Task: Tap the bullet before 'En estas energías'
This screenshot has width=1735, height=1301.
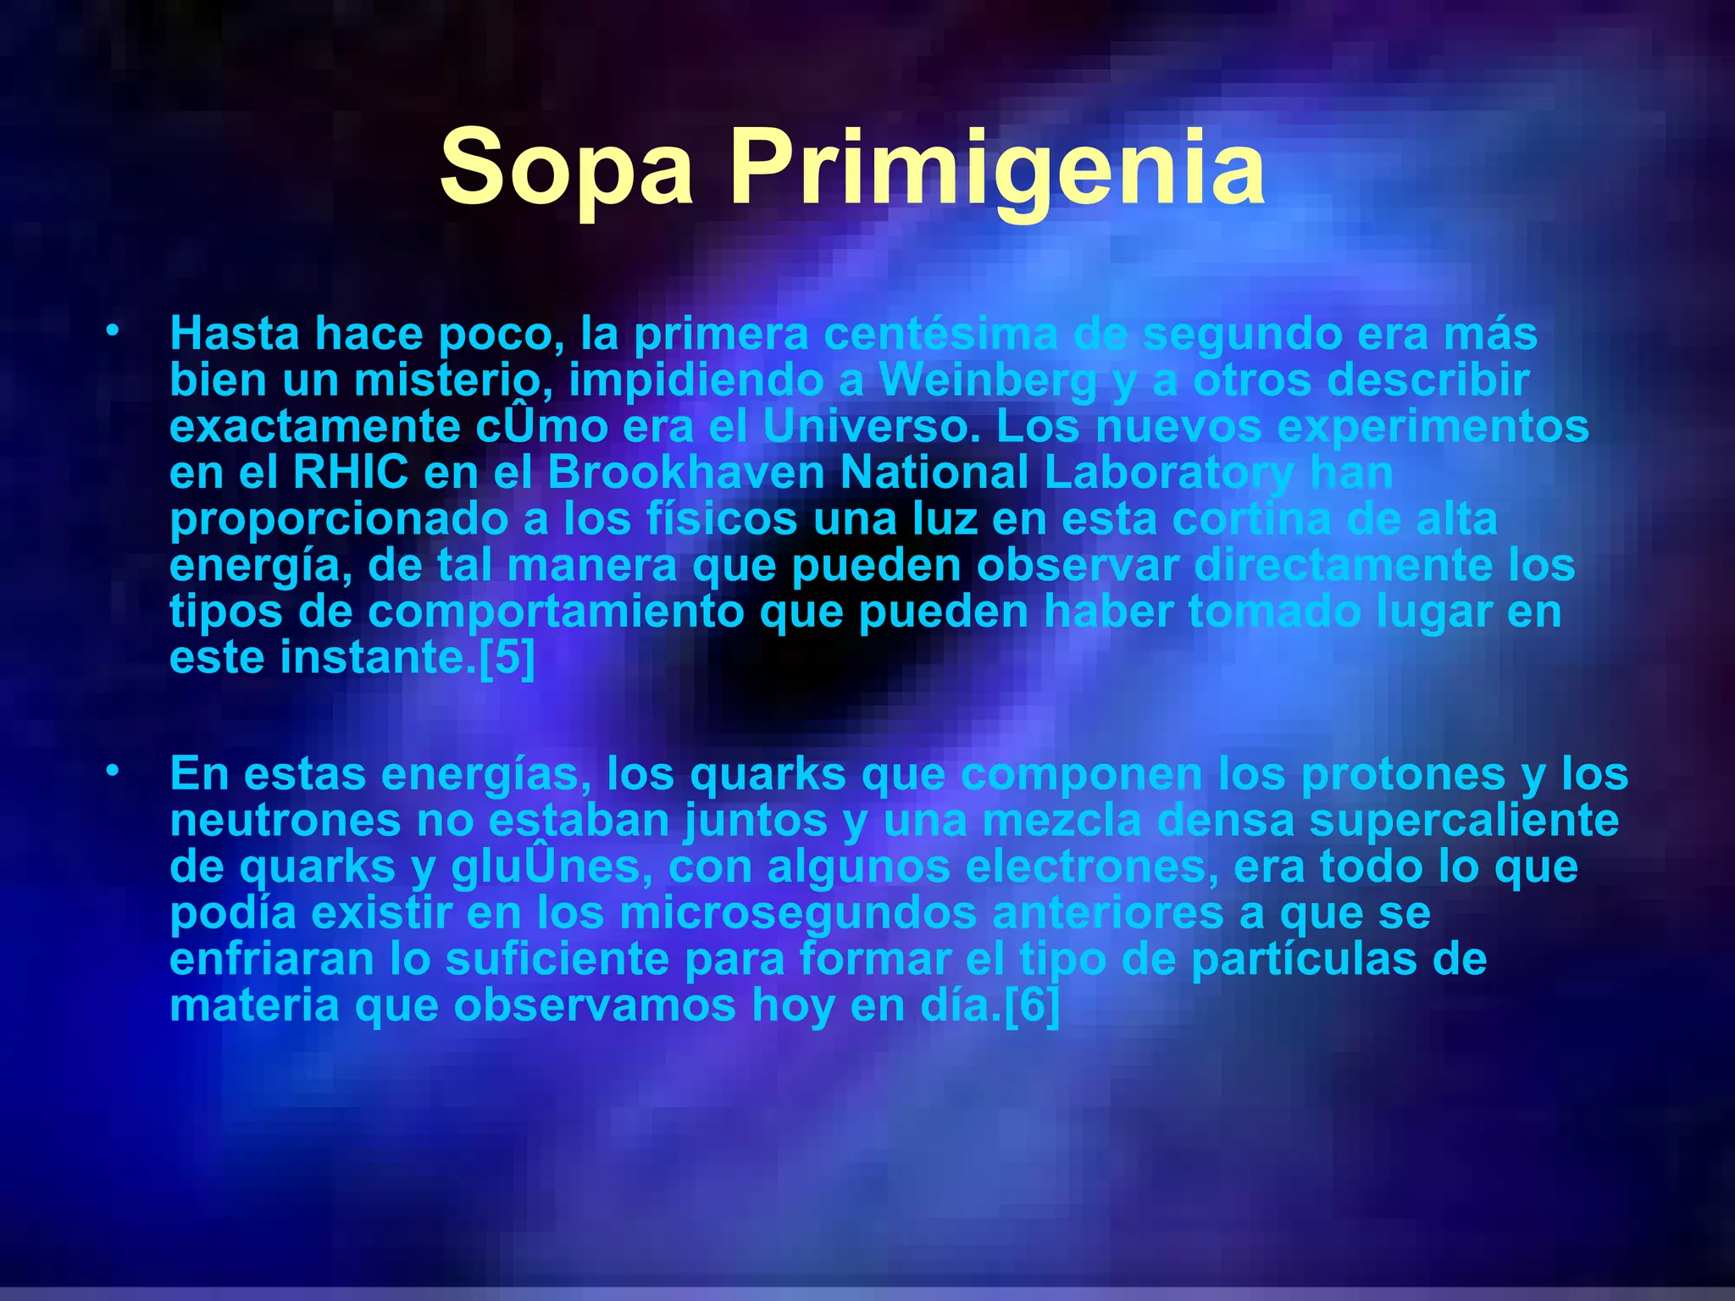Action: tap(112, 771)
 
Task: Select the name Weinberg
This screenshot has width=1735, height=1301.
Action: tap(988, 380)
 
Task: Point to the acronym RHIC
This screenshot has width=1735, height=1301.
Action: tap(350, 473)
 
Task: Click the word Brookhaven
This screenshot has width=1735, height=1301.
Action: tap(686, 473)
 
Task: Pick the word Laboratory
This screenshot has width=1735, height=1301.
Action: tap(1169, 473)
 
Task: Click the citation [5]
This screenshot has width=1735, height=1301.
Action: tap(507, 657)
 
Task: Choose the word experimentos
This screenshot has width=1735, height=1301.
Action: tap(1433, 427)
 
